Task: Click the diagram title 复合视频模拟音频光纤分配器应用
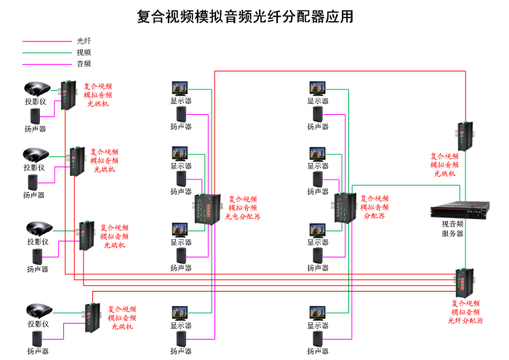[245, 17]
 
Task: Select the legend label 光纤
[84, 41]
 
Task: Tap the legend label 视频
[84, 52]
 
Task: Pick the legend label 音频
[84, 64]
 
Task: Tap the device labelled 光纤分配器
[464, 282]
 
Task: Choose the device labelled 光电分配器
[206, 209]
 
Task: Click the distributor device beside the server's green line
[343, 207]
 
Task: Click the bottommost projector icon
[37, 311]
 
